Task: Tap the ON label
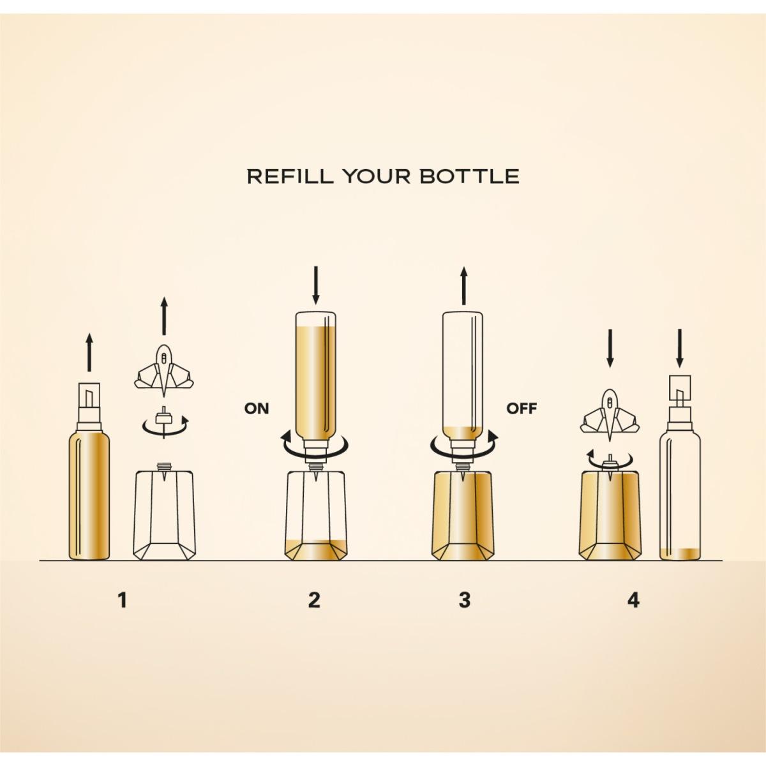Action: coord(257,408)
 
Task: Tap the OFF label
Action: coord(521,408)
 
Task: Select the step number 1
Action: coord(123,611)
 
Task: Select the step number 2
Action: coord(314,611)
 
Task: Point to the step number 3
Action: coord(465,611)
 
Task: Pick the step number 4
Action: coord(634,611)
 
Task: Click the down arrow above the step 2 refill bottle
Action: coord(316,285)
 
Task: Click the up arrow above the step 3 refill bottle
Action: coord(463,285)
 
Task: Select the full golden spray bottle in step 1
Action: coord(89,471)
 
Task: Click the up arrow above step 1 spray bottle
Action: coord(89,352)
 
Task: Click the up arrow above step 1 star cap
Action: coord(164,316)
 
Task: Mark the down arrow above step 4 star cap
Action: coord(610,349)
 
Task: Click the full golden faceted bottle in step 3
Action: coord(463,516)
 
